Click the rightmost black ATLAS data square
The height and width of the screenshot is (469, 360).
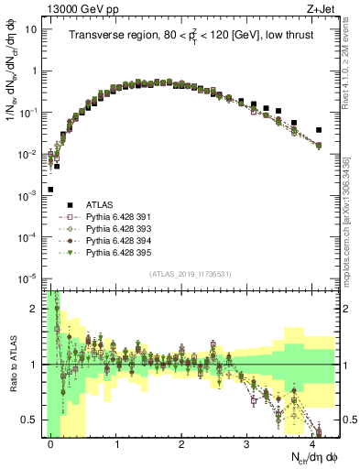319,130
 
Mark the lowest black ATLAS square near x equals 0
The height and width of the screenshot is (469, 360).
50,190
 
